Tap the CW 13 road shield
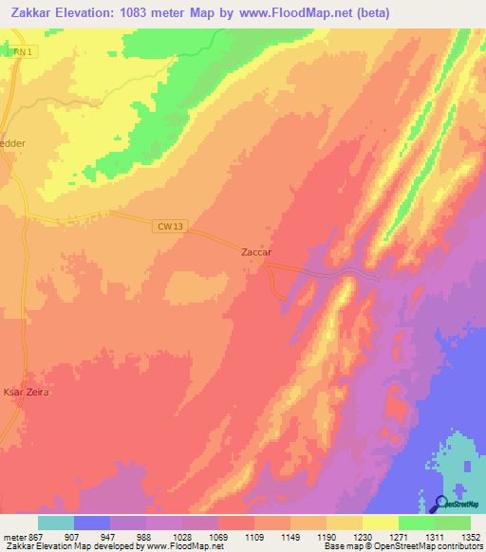point(165,226)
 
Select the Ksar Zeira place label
point(25,392)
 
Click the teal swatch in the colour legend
point(56,523)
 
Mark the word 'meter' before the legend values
point(12,536)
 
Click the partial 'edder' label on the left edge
point(13,143)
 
